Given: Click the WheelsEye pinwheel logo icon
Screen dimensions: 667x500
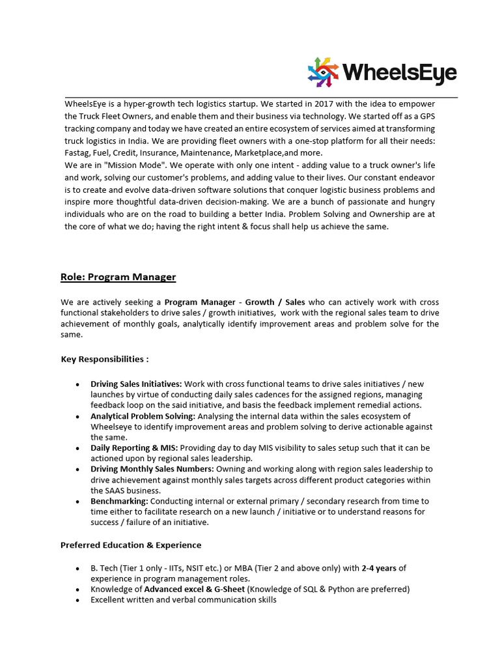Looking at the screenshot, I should point(324,72).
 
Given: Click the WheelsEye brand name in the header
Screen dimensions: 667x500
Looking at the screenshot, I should point(399,72).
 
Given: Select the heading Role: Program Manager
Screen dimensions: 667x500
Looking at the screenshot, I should point(118,277).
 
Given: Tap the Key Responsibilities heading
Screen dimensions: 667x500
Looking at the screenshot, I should point(105,359).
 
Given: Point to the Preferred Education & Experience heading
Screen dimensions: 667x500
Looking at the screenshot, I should point(131,545).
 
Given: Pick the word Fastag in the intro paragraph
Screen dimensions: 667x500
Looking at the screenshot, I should point(77,152).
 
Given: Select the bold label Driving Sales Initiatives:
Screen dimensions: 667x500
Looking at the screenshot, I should point(136,384).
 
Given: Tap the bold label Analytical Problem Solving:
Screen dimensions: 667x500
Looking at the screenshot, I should point(143,416).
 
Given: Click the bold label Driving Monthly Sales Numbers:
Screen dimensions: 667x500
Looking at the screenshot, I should point(152,469).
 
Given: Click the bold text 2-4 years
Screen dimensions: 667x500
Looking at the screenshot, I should point(379,568).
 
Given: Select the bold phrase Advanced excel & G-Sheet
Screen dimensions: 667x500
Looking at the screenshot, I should point(195,589).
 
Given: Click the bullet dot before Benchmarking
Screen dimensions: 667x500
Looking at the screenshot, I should point(78,502).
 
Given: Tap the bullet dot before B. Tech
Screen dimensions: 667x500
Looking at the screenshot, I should point(78,569).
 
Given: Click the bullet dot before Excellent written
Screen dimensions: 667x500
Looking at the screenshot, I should point(78,600).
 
